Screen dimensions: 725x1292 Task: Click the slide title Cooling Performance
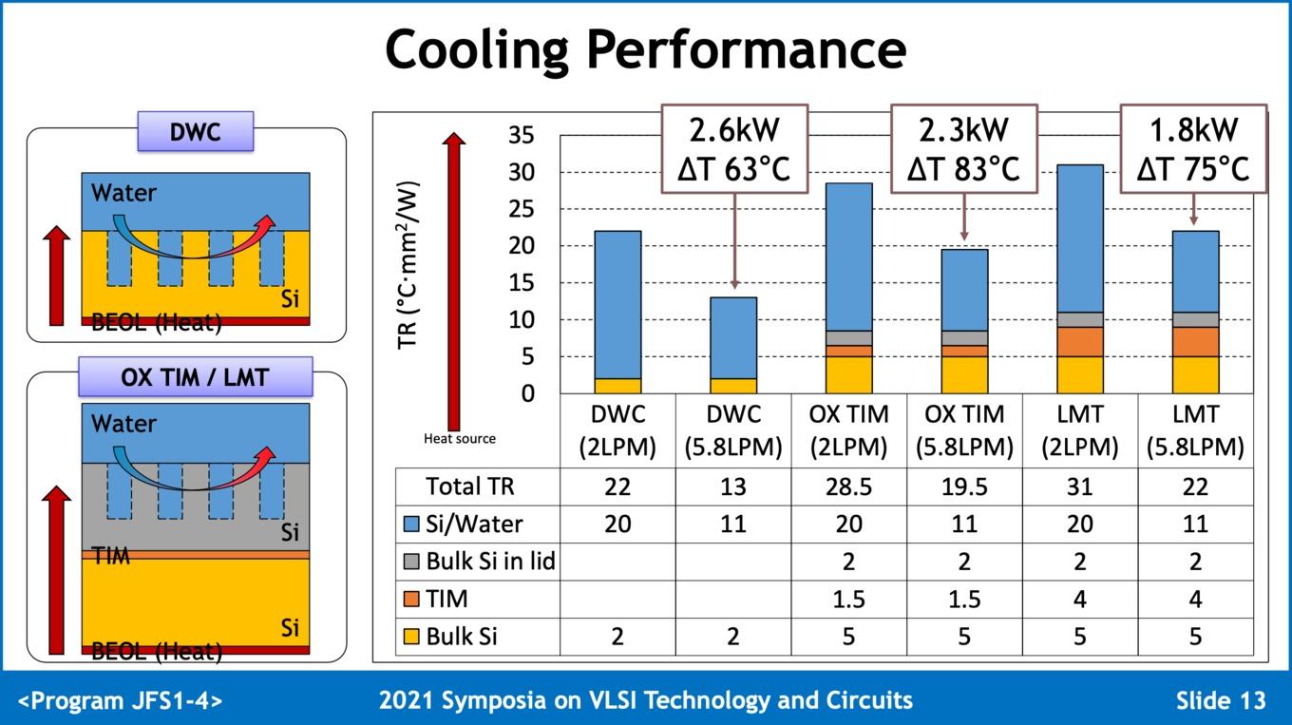(645, 49)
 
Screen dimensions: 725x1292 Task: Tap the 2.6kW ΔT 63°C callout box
(734, 149)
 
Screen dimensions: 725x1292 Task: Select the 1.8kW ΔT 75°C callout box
(1192, 149)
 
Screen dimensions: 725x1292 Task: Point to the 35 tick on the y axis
(521, 135)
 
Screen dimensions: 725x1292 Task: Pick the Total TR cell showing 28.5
(848, 487)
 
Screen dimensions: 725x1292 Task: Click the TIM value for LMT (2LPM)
(1079, 599)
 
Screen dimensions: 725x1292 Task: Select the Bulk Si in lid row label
(490, 562)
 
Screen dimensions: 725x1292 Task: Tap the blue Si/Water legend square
(411, 525)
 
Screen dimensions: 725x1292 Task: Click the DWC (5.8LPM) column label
(732, 430)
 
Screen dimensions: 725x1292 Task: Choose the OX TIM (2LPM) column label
(848, 430)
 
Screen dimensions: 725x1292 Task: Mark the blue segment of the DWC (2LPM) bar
(617, 304)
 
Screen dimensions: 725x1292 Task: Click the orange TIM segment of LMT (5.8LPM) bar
(1195, 341)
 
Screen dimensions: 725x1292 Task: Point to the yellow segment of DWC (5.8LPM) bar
(733, 386)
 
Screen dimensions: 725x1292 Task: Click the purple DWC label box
(196, 131)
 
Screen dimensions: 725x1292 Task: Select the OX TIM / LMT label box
(195, 376)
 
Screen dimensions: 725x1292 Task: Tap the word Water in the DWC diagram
(123, 193)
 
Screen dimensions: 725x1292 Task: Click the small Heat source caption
(459, 438)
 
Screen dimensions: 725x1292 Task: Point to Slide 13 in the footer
(1221, 701)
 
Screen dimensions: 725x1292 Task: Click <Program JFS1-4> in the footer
(121, 701)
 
